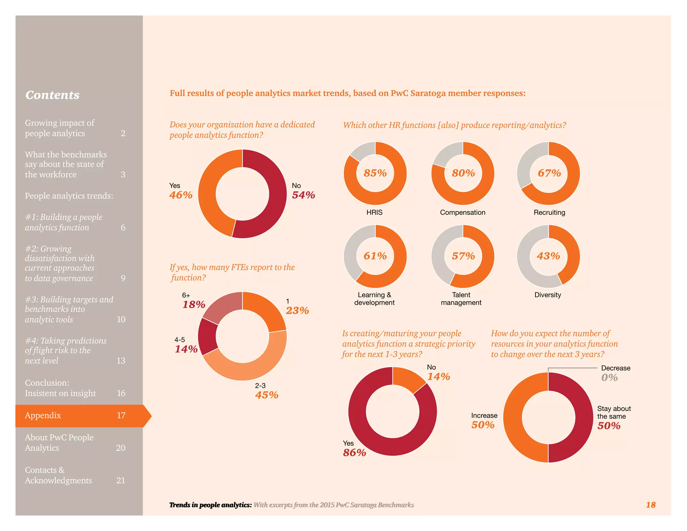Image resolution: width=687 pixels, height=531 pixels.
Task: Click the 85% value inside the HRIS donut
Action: (x=375, y=173)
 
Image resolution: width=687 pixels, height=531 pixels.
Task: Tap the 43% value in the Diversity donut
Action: (x=548, y=256)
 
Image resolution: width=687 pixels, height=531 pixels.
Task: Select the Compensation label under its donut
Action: (x=463, y=212)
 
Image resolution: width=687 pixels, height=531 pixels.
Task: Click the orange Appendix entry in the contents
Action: (x=79, y=416)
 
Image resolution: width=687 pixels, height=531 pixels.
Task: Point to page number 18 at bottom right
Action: (x=650, y=505)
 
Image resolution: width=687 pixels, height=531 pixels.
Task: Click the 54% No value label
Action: (x=303, y=195)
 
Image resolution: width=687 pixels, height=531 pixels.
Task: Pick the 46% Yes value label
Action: (x=181, y=195)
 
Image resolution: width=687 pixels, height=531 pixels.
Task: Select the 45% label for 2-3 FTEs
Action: (x=267, y=395)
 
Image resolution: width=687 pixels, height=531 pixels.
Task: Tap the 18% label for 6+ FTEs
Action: (x=194, y=304)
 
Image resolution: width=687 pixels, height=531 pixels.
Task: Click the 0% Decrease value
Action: (x=609, y=378)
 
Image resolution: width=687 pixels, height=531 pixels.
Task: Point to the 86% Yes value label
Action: (x=354, y=453)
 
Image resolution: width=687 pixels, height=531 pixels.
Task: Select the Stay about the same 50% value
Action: (x=609, y=426)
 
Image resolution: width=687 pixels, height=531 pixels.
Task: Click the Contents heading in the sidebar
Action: (x=53, y=95)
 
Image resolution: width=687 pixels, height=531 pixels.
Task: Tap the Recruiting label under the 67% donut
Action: (x=549, y=212)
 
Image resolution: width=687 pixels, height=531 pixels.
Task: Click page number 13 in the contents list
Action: (x=121, y=361)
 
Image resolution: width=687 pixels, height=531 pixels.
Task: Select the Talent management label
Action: (x=461, y=299)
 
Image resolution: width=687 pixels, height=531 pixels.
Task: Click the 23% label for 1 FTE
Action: (x=297, y=310)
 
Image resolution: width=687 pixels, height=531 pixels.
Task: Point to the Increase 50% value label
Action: (x=483, y=425)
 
